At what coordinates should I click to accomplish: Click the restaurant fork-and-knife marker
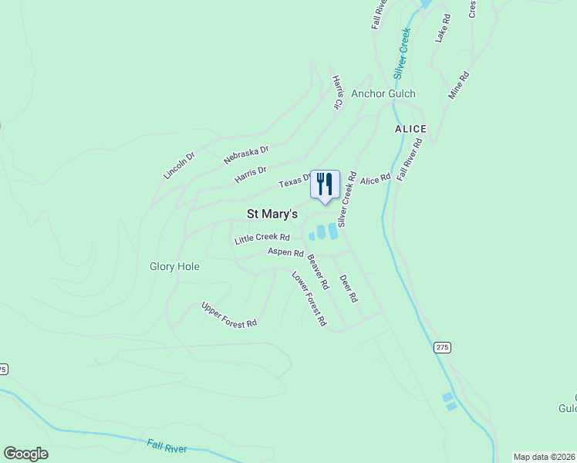coord(325,184)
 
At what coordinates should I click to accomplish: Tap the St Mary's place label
coord(272,214)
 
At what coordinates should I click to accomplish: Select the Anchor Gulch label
coord(383,94)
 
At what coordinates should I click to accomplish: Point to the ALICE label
coord(410,128)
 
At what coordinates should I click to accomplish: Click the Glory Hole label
coord(174,267)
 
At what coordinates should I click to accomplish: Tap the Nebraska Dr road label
coord(246,154)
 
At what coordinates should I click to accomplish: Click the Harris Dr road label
coord(251,176)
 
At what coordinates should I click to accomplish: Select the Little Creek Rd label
coord(262,238)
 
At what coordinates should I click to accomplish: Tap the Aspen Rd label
coord(285,252)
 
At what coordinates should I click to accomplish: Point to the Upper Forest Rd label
coord(228,315)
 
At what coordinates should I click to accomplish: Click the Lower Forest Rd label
coord(309,299)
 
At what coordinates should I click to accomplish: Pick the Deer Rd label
coord(349,288)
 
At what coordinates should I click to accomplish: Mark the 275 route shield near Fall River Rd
coord(441,348)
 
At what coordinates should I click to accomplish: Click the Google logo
coord(25,454)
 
